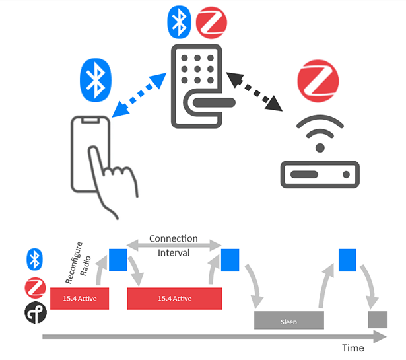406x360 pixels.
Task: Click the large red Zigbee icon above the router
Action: (x=320, y=83)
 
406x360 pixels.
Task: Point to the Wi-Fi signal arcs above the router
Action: (x=320, y=134)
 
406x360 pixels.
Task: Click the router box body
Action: (x=320, y=173)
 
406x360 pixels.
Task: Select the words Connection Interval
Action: (x=174, y=246)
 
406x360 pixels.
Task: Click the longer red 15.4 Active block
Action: (x=174, y=299)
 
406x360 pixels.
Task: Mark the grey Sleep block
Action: (x=289, y=320)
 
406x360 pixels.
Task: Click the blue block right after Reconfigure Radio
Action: (x=119, y=259)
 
